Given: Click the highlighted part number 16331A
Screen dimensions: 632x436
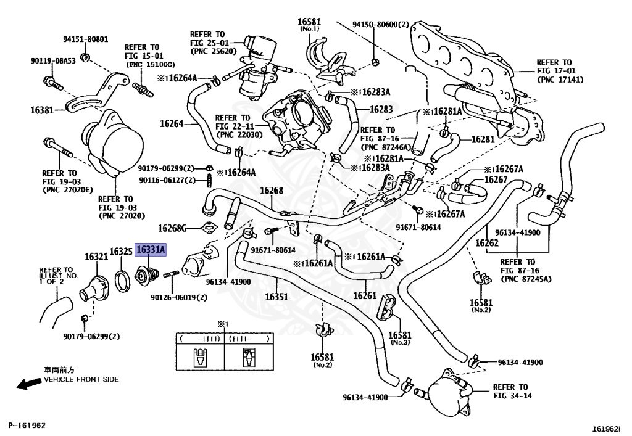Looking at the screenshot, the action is (151, 250).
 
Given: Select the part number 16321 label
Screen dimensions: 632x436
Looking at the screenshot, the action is (96, 257).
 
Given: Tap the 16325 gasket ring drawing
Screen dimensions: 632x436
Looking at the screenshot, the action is (123, 281).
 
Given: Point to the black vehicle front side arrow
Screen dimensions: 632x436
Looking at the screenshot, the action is (28, 384).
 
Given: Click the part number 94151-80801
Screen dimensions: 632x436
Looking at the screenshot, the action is (85, 39).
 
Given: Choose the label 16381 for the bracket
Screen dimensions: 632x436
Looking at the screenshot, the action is (42, 110).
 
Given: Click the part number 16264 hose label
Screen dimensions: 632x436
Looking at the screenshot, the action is (172, 123).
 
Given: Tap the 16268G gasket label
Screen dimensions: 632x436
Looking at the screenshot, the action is (172, 229).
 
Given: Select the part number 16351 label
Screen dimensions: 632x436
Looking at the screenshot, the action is (276, 297).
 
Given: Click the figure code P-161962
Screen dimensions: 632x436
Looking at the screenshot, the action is (27, 425).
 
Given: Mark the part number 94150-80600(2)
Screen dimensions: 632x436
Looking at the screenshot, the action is (380, 25).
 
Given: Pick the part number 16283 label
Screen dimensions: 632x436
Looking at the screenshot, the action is (381, 109).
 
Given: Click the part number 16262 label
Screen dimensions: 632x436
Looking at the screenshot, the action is (487, 243).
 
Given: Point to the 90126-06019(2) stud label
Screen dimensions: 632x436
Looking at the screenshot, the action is (179, 297).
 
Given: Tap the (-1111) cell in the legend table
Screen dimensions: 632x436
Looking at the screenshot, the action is (200, 339).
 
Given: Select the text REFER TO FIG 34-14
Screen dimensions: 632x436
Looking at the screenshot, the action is (512, 392).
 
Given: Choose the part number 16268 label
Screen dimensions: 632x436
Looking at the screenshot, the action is (272, 191).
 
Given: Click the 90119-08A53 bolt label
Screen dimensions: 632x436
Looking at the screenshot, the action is (53, 61).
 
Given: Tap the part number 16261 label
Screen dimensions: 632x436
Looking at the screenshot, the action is (365, 296).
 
